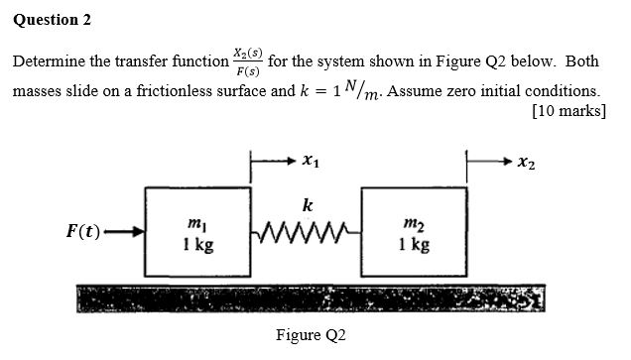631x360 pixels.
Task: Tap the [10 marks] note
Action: [569, 111]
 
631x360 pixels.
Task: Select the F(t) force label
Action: [82, 233]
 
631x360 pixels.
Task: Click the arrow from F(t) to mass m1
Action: [123, 234]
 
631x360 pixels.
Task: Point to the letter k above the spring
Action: [308, 206]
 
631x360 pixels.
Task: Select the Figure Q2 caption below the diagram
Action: [311, 336]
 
